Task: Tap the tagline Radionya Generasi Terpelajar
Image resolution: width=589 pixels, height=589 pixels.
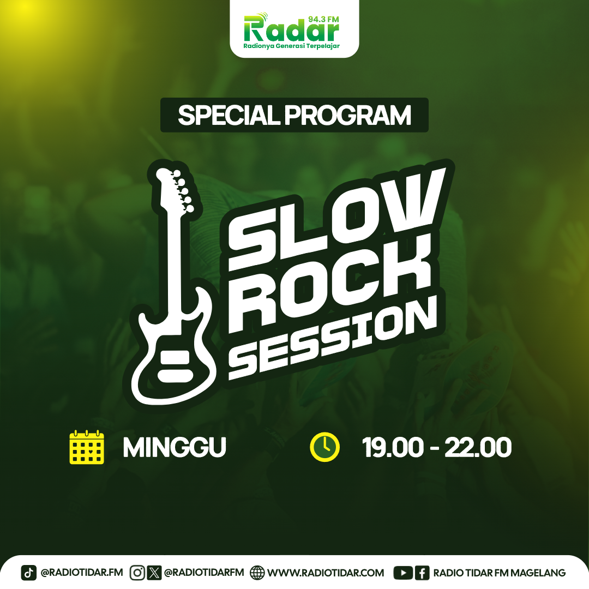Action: pos(291,46)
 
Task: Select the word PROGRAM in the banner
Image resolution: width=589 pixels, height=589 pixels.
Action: pos(347,115)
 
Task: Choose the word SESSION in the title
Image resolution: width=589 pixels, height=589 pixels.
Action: pos(333,340)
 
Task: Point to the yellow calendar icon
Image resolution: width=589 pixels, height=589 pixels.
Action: pos(87,447)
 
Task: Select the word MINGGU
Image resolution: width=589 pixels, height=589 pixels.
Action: pos(175,447)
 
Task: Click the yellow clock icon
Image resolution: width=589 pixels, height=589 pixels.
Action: pos(324,447)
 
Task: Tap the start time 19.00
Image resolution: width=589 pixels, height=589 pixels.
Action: pos(393,447)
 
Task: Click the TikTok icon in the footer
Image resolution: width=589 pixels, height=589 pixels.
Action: pos(29,573)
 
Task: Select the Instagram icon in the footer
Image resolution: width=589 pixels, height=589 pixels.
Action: pos(137,573)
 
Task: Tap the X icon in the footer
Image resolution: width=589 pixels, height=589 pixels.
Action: pos(154,573)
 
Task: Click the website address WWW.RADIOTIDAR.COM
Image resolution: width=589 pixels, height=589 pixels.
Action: pos(326,573)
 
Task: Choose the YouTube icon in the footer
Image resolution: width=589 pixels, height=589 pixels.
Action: pos(403,573)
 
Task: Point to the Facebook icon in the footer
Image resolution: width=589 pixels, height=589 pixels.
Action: pos(422,573)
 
